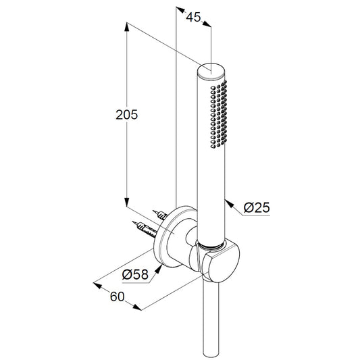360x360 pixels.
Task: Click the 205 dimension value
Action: click(127, 115)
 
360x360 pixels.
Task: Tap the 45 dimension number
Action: click(193, 17)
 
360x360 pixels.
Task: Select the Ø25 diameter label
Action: click(257, 207)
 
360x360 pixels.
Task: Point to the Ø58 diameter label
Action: click(135, 274)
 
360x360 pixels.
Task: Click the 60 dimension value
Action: click(117, 297)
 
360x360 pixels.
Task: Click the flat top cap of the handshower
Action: click(211, 70)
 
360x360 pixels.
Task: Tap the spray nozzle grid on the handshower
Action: click(219, 114)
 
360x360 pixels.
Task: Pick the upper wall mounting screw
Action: click(160, 215)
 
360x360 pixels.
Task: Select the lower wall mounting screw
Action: click(145, 229)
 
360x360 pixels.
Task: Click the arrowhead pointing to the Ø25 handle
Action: click(229, 204)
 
